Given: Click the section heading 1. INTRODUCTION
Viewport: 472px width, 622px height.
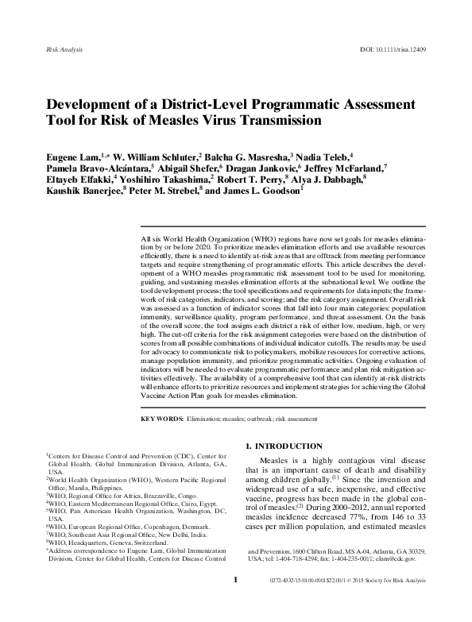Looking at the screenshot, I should coord(290,446).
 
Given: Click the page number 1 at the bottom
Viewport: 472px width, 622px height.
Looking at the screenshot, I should coord(235,602).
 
